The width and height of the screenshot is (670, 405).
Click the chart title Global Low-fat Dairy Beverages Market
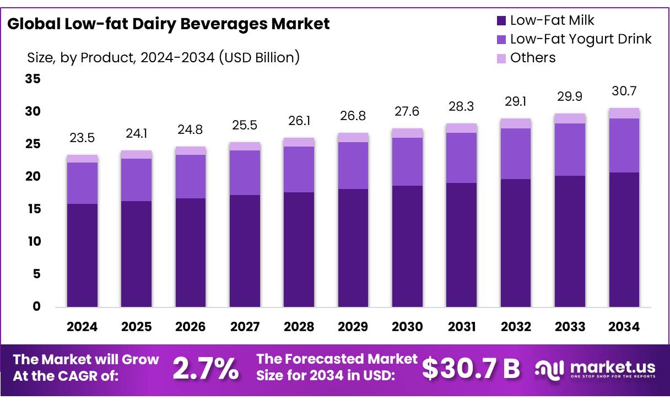point(169,24)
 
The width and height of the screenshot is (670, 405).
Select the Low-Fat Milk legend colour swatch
point(501,21)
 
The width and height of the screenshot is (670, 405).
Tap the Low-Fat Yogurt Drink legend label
point(580,39)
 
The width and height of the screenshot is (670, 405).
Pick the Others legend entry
point(532,58)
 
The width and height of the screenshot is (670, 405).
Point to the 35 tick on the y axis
point(33,79)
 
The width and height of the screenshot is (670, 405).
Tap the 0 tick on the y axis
point(36,307)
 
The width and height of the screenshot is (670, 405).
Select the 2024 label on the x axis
point(82,327)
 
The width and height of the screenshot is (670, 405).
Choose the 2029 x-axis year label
point(353,327)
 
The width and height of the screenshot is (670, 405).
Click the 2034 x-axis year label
point(624,327)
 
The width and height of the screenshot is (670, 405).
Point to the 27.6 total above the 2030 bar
point(407,112)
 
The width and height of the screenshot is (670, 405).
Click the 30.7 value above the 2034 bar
point(624,91)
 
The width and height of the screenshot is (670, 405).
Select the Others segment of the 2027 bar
point(245,146)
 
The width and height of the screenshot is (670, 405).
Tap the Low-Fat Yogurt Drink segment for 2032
point(516,154)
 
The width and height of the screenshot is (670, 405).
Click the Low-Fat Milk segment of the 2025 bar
point(136,253)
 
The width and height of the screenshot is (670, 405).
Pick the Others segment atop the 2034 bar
point(624,113)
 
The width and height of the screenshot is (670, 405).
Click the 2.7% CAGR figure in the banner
point(206,369)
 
